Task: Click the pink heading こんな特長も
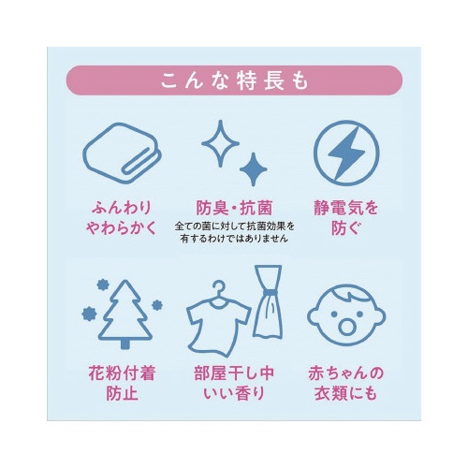click(234, 80)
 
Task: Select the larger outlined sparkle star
click(220, 143)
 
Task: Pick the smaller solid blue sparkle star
click(254, 169)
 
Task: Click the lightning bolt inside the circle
click(346, 154)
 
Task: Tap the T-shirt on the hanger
click(218, 325)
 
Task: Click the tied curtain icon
click(269, 301)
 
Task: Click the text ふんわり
click(122, 208)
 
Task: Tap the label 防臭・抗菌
click(234, 208)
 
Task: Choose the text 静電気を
click(346, 208)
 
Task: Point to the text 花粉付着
click(122, 373)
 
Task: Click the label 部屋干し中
click(234, 373)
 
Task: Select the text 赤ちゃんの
click(346, 373)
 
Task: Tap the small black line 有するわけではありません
click(234, 239)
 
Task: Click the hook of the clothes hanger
click(219, 287)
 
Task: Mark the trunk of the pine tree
click(125, 344)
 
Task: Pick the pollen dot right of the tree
click(157, 305)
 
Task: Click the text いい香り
click(234, 393)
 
